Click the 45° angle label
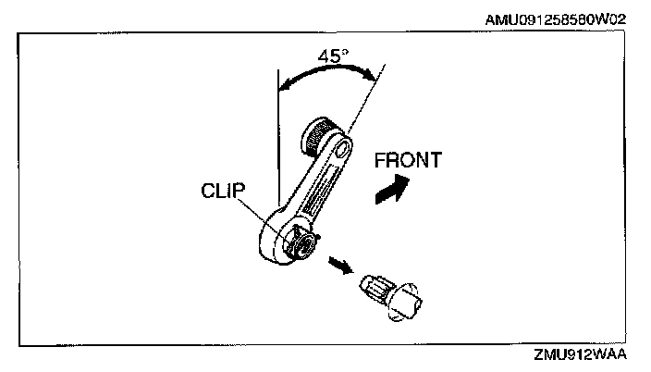pos(332,56)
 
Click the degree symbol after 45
pos(345,51)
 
